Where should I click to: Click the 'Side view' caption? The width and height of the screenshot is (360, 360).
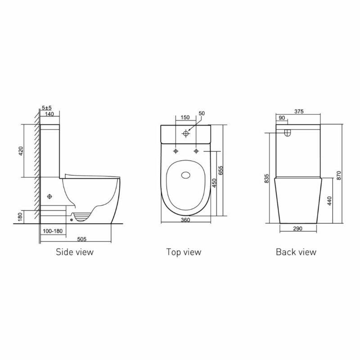click(74, 252)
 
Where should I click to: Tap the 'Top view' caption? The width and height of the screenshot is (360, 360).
click(184, 252)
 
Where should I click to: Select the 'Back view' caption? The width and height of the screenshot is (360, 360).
click(296, 252)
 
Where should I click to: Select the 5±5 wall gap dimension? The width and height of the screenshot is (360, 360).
click(46, 108)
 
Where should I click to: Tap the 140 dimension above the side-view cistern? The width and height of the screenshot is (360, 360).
click(49, 115)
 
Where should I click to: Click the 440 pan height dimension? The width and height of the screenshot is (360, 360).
click(330, 200)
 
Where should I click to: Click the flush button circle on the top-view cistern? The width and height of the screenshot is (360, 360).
click(185, 134)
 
